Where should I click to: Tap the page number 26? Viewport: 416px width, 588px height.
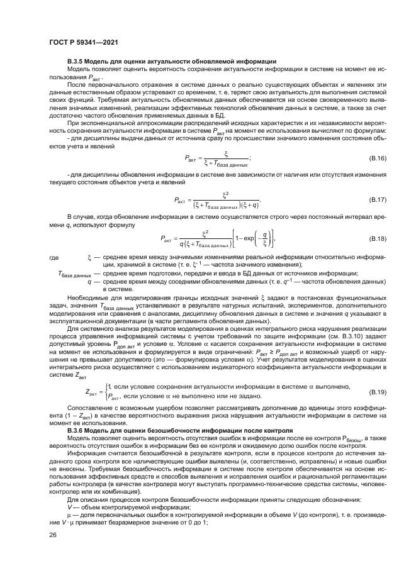52,535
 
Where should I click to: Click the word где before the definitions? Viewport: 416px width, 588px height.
54,258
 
